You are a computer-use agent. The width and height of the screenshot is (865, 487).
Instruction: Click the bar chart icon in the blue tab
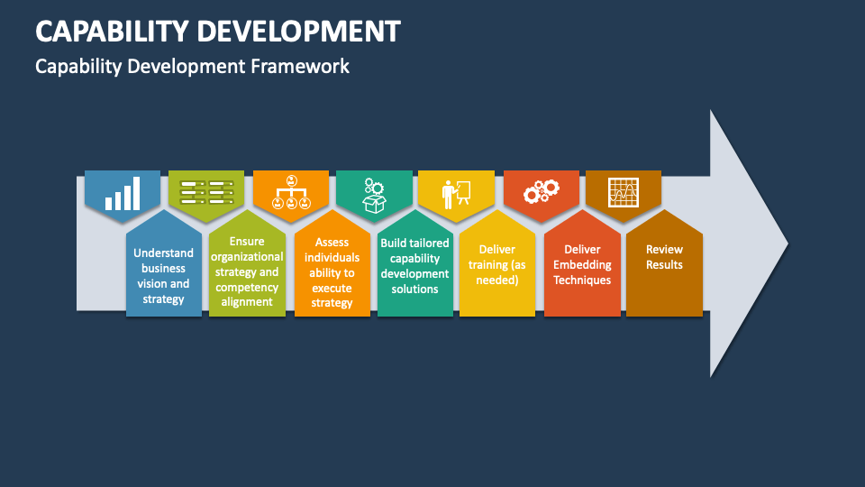tap(123, 193)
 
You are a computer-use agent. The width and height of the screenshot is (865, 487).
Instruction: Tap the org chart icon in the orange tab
tap(291, 192)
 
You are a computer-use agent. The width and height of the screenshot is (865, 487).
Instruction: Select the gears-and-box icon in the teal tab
tap(374, 196)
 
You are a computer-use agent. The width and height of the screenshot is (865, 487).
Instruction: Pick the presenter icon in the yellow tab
tap(456, 195)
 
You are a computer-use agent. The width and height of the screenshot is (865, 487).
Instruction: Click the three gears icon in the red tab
tap(542, 191)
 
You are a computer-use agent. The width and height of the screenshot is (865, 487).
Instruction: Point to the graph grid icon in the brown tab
tap(624, 193)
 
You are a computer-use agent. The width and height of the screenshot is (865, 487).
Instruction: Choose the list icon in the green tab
tap(207, 192)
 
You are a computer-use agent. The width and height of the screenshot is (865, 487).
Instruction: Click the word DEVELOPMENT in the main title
tap(298, 32)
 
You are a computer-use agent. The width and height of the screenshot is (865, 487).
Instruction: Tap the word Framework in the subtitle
tap(299, 66)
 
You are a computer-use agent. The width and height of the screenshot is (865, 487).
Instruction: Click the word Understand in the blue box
tap(163, 253)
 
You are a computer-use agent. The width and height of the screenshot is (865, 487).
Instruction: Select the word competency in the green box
tap(247, 288)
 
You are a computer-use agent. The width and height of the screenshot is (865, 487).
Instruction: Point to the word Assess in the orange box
tap(332, 242)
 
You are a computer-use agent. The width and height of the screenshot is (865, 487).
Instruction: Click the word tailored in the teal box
tap(428, 243)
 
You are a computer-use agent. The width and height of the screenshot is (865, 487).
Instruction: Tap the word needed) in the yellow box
tap(497, 280)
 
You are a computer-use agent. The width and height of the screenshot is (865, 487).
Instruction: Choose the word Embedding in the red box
tap(582, 265)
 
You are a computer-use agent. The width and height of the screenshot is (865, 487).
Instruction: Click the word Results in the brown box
tap(664, 264)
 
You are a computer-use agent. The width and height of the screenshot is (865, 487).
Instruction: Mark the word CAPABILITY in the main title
tap(113, 32)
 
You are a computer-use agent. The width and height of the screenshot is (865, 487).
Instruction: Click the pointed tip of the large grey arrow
tap(788, 243)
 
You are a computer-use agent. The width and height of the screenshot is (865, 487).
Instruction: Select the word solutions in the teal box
tap(414, 289)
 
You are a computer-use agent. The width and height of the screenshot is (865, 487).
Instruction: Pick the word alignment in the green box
tap(247, 302)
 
